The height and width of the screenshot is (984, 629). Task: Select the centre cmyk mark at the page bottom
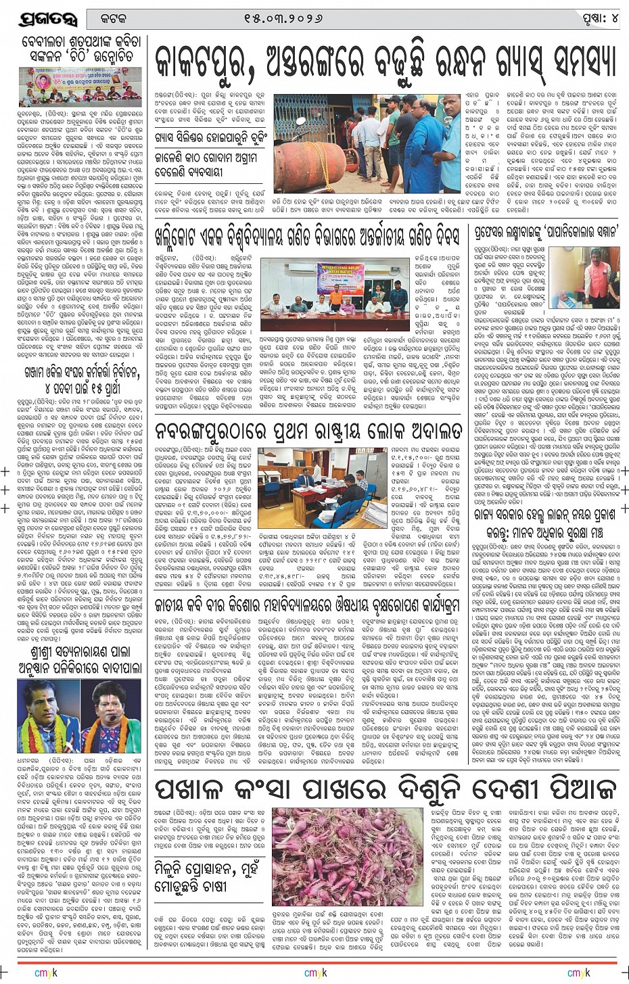[x=315, y=973]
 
